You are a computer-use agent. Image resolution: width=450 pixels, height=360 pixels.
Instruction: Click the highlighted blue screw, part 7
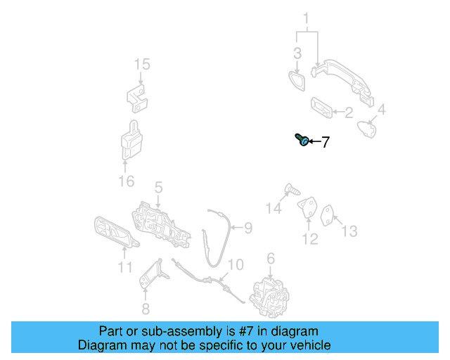(x=301, y=140)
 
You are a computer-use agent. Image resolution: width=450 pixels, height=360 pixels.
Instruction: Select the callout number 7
(x=325, y=143)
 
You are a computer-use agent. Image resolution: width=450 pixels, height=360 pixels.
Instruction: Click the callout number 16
(x=125, y=182)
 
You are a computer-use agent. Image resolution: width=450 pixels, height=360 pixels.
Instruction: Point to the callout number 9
(x=247, y=227)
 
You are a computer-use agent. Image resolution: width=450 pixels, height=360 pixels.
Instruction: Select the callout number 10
(x=235, y=265)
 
